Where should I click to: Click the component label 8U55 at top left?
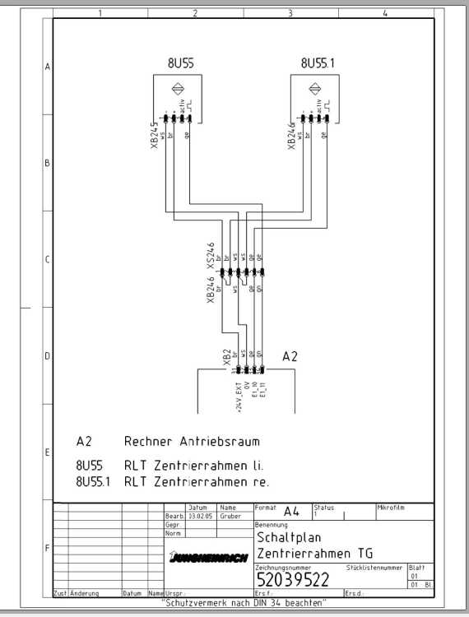click(180, 63)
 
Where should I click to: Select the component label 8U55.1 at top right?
click(318, 63)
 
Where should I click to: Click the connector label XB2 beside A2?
click(227, 356)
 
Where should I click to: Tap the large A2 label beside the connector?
click(290, 356)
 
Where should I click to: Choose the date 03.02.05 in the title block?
click(200, 516)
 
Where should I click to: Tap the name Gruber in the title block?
click(229, 516)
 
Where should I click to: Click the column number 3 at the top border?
click(290, 13)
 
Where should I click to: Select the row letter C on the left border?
click(47, 259)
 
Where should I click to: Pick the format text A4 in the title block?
click(290, 511)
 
